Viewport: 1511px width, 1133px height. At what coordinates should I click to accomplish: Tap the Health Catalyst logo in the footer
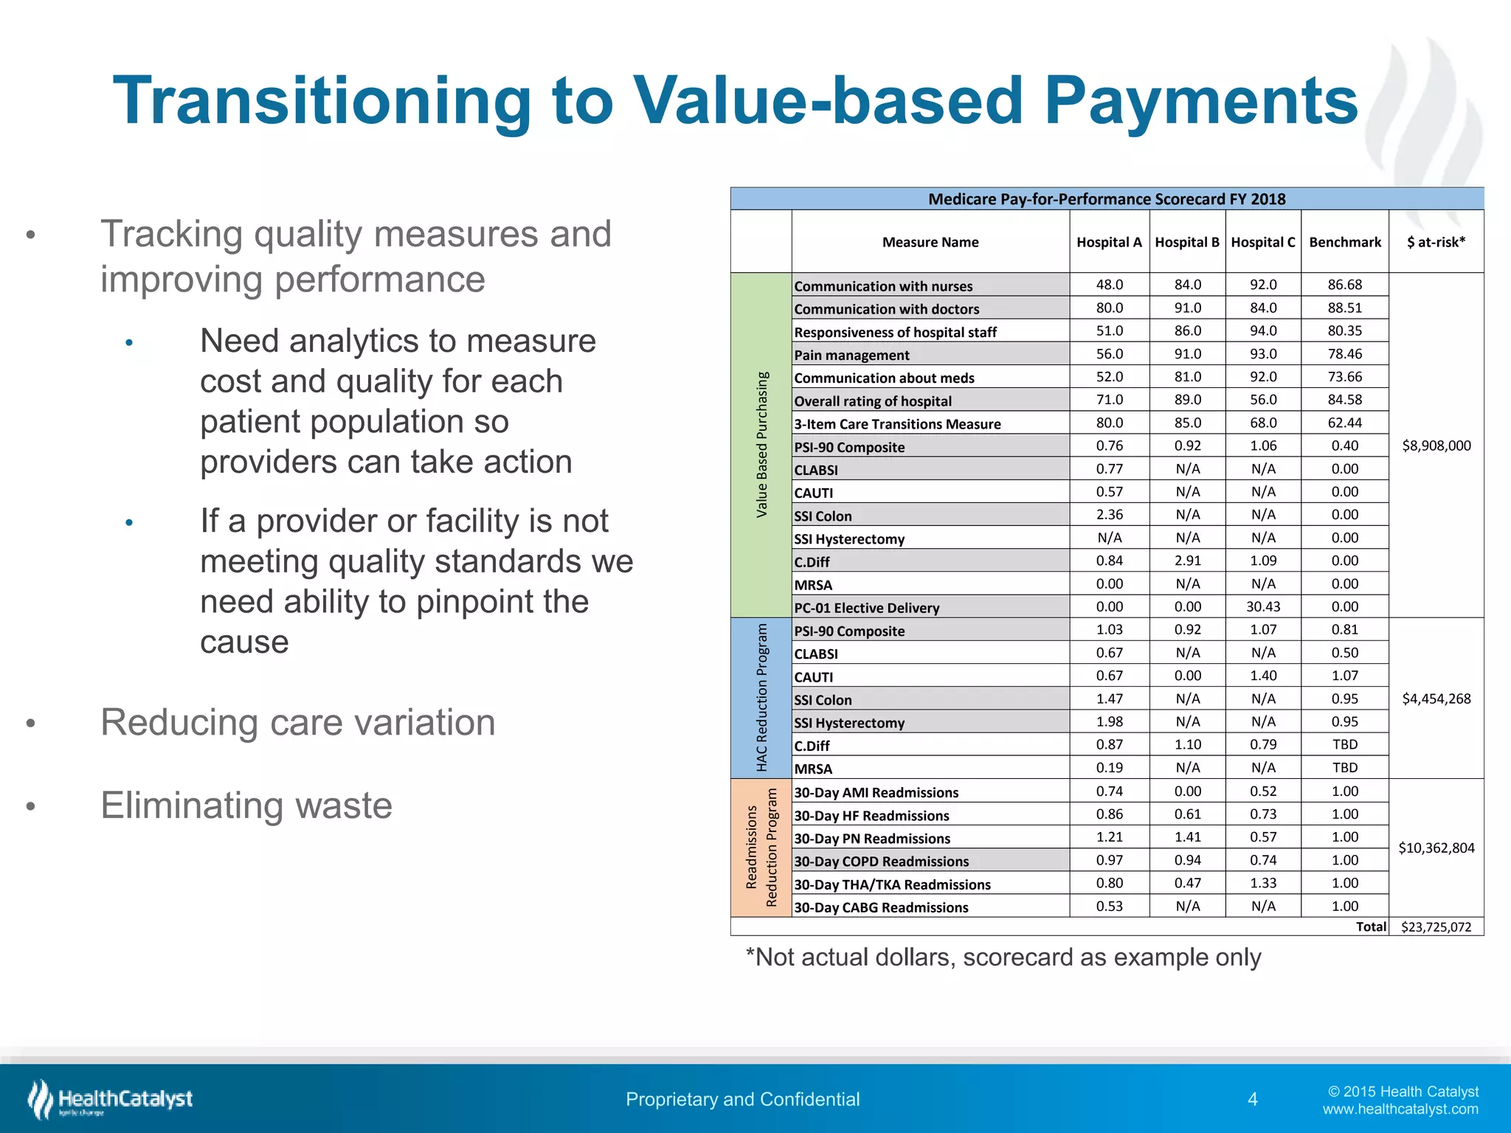[x=111, y=1099]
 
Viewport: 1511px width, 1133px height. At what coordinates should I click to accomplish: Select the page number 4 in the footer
[x=1252, y=1100]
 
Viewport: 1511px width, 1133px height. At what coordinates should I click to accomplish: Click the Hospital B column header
[x=1186, y=242]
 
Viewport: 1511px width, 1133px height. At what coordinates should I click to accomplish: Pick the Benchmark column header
[x=1344, y=242]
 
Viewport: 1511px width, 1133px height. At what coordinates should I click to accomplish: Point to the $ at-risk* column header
[x=1436, y=242]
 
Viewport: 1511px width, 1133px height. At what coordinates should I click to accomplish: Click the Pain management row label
[x=851, y=355]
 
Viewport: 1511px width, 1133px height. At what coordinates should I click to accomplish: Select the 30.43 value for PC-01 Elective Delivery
[x=1263, y=606]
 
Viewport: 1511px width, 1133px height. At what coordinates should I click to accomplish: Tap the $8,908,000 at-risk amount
[x=1436, y=446]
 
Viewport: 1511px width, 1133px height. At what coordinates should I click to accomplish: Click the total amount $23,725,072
[x=1436, y=927]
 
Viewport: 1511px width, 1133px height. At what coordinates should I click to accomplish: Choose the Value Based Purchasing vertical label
[x=761, y=445]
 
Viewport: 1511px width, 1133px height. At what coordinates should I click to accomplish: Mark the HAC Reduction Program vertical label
[x=761, y=698]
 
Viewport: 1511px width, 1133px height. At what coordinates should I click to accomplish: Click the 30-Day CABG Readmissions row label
[x=881, y=907]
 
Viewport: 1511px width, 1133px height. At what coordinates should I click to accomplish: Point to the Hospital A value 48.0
[x=1109, y=285]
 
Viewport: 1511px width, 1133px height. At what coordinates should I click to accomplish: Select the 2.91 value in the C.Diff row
[x=1187, y=561]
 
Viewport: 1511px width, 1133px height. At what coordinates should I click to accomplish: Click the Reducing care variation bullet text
[x=297, y=722]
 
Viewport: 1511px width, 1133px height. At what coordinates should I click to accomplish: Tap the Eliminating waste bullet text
[x=246, y=805]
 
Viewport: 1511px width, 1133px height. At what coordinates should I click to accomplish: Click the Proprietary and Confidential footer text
[x=742, y=1099]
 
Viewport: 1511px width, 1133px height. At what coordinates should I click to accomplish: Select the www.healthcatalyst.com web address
[x=1400, y=1109]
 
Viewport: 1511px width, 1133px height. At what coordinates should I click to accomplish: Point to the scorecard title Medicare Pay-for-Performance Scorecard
[x=1106, y=199]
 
